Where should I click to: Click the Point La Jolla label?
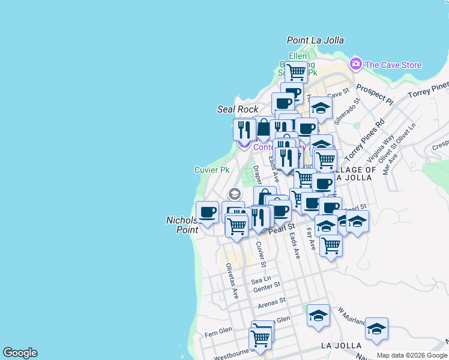point(315,40)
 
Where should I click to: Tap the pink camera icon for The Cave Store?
point(356,64)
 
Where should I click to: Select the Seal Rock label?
point(237,109)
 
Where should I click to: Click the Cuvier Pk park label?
point(212,170)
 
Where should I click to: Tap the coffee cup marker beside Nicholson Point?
point(208,212)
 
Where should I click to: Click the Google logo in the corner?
point(20,353)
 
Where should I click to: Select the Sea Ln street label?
point(261,280)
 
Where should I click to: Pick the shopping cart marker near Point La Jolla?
point(296,71)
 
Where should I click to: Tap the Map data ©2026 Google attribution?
point(412,355)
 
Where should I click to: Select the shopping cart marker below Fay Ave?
point(331,245)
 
